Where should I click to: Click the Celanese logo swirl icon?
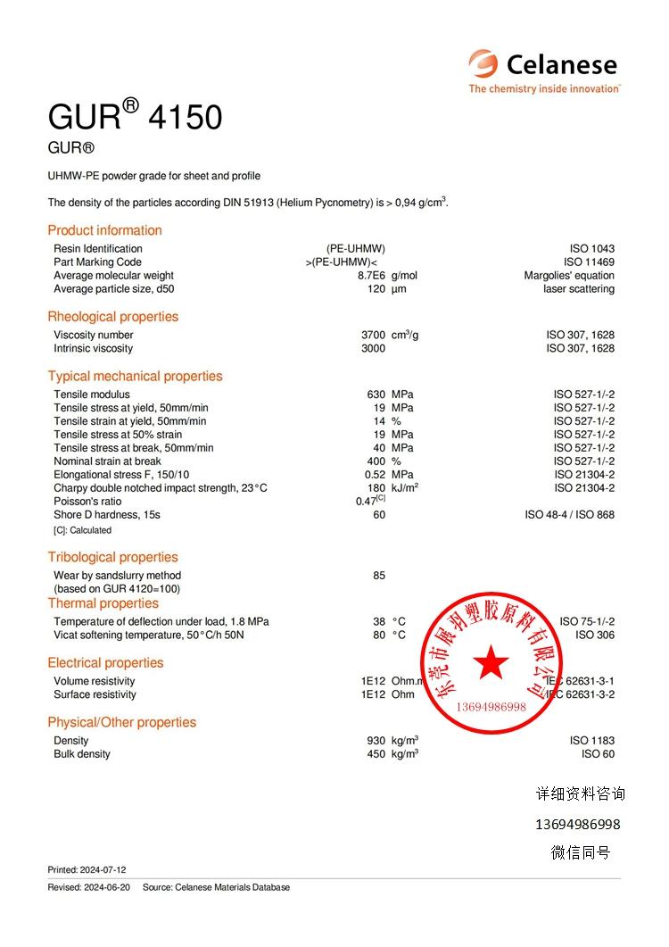point(484,64)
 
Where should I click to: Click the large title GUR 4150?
point(135,117)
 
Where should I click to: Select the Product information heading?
point(104,230)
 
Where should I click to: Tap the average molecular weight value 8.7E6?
point(370,276)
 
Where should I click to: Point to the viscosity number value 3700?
point(373,335)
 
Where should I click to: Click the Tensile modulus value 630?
point(376,395)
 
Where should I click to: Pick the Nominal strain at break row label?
point(107,461)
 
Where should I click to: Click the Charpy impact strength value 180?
point(376,488)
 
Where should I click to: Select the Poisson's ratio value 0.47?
point(367,502)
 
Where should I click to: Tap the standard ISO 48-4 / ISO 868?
point(569,515)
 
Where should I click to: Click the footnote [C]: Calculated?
point(83,530)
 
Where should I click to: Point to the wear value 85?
point(379,576)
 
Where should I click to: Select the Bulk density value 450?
point(376,754)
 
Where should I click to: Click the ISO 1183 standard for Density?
point(591,741)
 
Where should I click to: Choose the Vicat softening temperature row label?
point(148,635)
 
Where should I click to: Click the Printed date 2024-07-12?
point(87,869)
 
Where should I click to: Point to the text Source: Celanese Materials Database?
point(216,887)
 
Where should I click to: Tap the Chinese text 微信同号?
point(580,852)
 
